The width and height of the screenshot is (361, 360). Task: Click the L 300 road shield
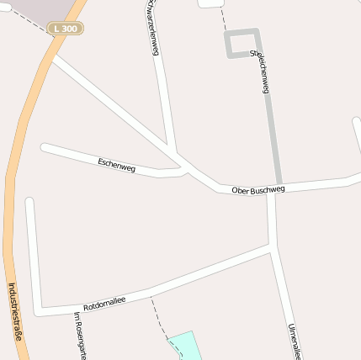coord(66,29)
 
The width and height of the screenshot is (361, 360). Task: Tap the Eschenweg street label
coord(116,164)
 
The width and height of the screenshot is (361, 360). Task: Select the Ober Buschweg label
coord(258,190)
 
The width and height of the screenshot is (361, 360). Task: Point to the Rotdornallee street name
coord(104,303)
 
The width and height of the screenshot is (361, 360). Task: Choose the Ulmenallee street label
coord(294,340)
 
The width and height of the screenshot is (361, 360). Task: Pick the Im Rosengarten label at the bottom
coord(81,335)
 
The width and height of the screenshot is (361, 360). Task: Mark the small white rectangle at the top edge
coord(210,3)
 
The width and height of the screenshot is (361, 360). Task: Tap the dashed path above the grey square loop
coord(223,19)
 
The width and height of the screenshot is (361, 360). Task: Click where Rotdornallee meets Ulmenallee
coord(272,248)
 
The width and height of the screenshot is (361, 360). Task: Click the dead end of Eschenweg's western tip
coord(45,148)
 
